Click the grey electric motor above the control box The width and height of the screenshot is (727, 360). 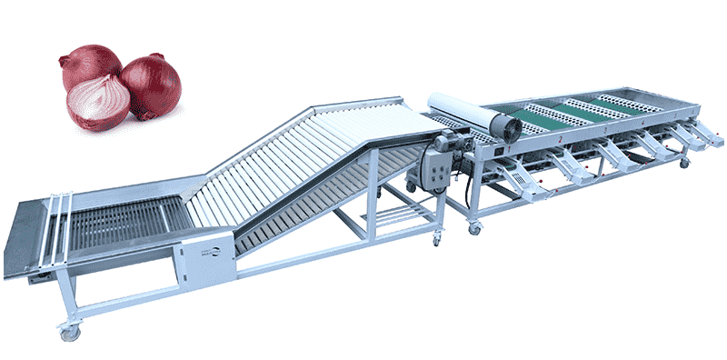tap(447, 141)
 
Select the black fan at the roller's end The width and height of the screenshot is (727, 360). tap(503, 127)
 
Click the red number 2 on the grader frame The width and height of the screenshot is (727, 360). tap(562, 140)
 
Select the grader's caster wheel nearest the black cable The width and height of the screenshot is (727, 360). tap(473, 228)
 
